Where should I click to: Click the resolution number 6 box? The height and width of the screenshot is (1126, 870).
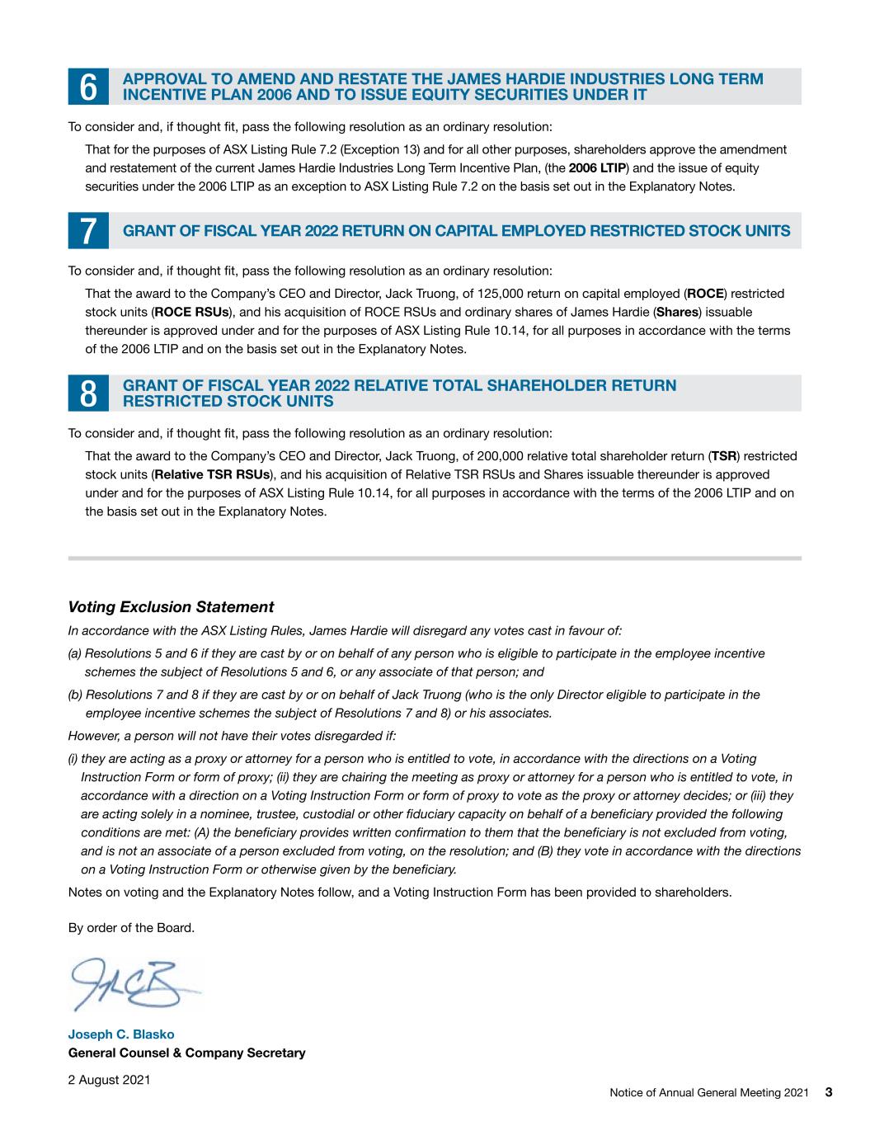(x=87, y=87)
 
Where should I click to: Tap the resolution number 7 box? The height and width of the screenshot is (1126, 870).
(x=87, y=231)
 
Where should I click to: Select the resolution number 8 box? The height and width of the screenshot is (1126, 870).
(x=87, y=393)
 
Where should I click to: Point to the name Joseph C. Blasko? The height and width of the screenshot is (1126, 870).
(x=121, y=1034)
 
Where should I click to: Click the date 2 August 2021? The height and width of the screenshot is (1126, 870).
(x=109, y=1079)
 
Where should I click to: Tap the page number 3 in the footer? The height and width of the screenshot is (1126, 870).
(x=829, y=1092)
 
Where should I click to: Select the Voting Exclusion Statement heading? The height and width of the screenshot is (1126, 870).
(x=171, y=607)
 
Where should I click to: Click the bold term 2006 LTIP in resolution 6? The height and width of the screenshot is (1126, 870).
(x=597, y=168)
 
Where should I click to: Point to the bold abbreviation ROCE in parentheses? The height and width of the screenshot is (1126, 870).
(x=706, y=294)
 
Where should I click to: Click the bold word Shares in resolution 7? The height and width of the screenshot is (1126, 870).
(x=676, y=313)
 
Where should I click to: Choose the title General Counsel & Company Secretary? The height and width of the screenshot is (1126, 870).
(x=186, y=1053)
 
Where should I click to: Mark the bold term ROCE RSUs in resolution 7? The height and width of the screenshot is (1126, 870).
(x=190, y=313)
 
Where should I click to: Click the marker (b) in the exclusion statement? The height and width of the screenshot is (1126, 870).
(x=75, y=695)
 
